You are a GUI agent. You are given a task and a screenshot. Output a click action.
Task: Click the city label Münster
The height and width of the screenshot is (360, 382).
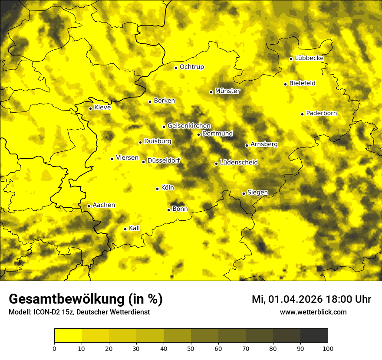click(x=227, y=91)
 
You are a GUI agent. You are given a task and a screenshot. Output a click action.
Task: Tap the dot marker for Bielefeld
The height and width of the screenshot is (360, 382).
click(x=285, y=84)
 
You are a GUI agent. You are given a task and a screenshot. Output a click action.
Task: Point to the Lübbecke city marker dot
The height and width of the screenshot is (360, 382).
click(x=291, y=59)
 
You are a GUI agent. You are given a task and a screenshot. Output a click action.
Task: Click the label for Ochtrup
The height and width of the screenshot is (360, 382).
click(x=191, y=67)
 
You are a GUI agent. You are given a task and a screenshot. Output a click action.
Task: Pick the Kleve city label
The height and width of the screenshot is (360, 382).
click(x=102, y=108)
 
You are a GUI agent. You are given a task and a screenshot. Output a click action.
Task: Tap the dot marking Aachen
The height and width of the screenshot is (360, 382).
click(x=89, y=206)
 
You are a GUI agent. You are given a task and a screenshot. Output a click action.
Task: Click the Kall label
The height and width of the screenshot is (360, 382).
click(x=134, y=228)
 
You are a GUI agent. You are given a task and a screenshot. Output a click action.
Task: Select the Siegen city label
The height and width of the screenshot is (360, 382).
click(x=257, y=193)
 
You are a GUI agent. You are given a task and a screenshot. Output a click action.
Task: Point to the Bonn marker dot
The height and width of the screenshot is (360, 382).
click(x=169, y=210)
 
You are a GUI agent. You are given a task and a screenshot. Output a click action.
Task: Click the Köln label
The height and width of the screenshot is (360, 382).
click(x=167, y=188)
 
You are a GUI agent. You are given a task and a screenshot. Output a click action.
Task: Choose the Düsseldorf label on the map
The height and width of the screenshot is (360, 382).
click(x=163, y=161)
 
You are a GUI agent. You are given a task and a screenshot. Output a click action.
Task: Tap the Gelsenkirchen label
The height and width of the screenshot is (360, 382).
click(x=189, y=126)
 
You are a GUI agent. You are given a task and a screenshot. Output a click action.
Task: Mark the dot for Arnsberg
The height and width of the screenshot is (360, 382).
click(x=247, y=145)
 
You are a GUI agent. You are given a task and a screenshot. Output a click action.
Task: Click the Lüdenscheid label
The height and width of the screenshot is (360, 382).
click(x=239, y=163)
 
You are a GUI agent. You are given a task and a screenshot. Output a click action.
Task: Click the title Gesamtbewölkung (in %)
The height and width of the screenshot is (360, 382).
click(x=86, y=299)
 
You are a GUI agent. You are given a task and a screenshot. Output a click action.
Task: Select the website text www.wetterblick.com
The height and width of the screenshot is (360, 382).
click(x=313, y=312)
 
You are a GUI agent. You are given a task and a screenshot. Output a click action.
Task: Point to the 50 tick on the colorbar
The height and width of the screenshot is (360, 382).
click(x=191, y=348)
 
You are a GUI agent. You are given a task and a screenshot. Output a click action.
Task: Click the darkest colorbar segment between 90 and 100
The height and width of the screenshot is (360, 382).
click(x=314, y=335)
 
